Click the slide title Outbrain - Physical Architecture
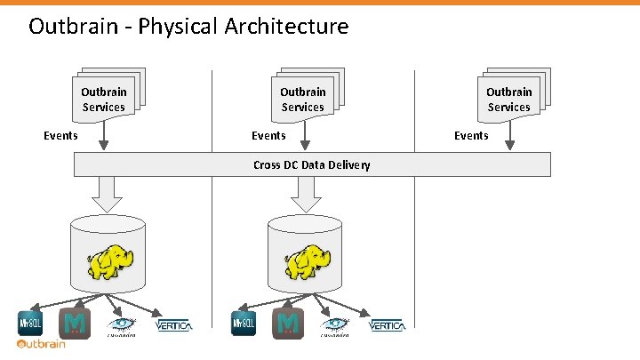point(188,27)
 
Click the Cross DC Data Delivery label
point(311,164)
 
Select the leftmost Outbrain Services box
point(105,98)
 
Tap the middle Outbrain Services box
point(304,98)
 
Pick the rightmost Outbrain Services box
point(509,98)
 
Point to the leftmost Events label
point(61,136)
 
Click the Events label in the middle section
point(268,136)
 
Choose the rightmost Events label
point(471,136)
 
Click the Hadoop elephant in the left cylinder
point(109,260)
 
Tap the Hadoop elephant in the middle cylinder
point(308,260)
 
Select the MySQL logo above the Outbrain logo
point(30,324)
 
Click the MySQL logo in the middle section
point(244,324)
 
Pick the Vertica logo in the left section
point(174,326)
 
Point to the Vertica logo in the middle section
point(387,326)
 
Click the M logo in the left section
point(73,324)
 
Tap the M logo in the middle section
point(288,324)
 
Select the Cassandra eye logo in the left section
point(121,325)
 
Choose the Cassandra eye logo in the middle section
point(333,325)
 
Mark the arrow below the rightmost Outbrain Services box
point(509,136)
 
